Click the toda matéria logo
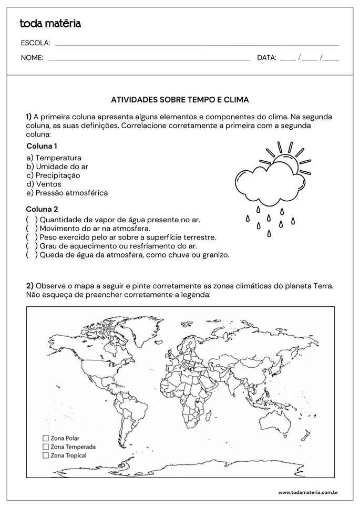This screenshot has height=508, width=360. tap(50, 23)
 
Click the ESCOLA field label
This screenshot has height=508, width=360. tap(35, 43)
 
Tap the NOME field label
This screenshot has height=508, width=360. tap(32, 58)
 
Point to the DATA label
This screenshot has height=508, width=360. tap(266, 58)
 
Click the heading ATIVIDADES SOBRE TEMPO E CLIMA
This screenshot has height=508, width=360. tap(180, 99)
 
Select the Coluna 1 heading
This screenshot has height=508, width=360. tap(42, 146)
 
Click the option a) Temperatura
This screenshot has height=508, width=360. tap(54, 158)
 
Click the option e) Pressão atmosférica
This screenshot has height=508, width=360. tap(67, 193)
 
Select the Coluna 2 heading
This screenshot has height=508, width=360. tap(42, 209)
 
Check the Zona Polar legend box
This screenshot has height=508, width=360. tap(45, 437)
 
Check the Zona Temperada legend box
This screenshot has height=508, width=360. tap(45, 446)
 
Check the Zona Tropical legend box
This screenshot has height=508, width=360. tap(45, 455)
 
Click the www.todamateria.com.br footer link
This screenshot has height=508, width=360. tap(307, 492)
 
